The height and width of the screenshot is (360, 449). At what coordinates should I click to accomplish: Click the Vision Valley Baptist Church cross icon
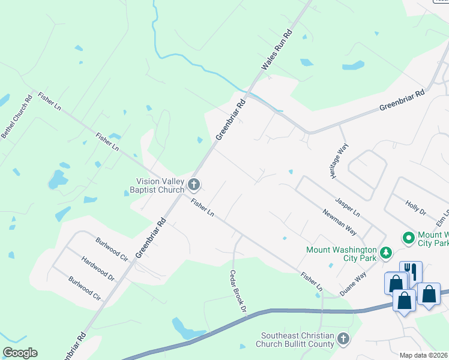[x=193, y=184]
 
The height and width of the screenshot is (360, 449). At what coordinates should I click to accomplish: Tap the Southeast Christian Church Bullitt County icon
[x=343, y=339]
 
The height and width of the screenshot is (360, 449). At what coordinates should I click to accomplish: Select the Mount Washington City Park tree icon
[x=388, y=251]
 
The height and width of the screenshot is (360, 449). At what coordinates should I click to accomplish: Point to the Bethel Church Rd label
[x=17, y=117]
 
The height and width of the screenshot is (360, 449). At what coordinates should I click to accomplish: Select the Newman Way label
[x=339, y=222]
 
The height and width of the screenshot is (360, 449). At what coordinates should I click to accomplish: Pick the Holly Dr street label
[x=415, y=208]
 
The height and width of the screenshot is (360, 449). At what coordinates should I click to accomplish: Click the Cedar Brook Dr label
[x=238, y=290]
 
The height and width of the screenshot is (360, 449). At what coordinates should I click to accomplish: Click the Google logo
[x=20, y=353]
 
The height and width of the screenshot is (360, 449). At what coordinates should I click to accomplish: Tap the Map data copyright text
[x=424, y=355]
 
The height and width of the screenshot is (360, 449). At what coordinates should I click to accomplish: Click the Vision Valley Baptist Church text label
[x=157, y=187]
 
